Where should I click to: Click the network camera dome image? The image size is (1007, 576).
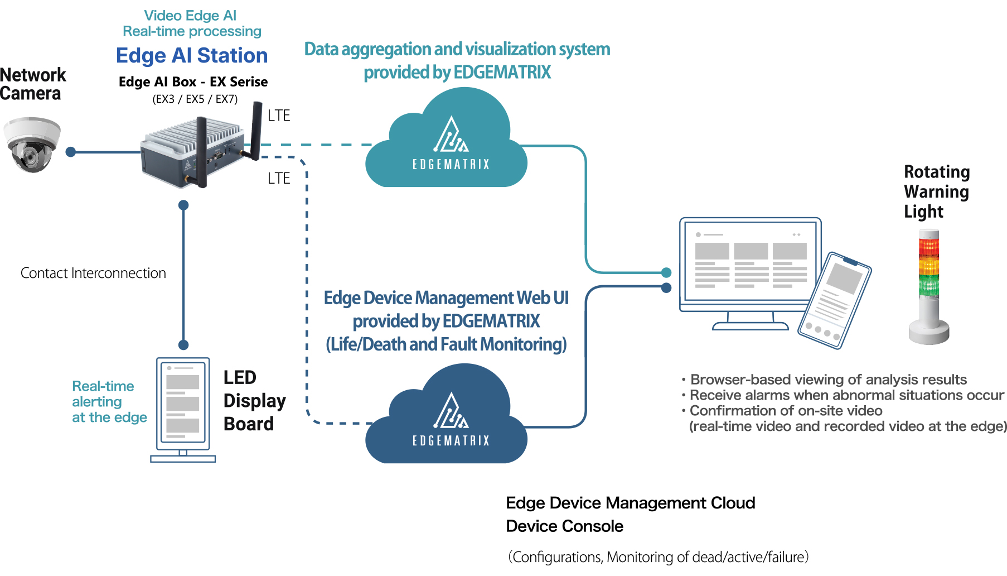click(x=32, y=145)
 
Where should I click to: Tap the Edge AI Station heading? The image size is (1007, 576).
click(x=192, y=56)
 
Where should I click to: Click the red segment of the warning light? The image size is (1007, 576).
click(x=929, y=246)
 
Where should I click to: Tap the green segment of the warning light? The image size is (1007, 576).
click(x=929, y=285)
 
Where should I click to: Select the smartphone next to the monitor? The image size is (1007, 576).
click(x=835, y=300)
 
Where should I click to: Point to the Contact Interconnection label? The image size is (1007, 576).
click(x=93, y=273)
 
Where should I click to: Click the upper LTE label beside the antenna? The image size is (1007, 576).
click(x=279, y=116)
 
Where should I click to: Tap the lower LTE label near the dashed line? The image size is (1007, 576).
click(x=279, y=179)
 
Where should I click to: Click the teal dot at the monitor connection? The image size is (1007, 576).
click(x=666, y=272)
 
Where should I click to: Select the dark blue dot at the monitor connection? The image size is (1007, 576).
click(x=666, y=288)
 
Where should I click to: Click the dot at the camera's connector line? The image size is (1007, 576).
click(x=71, y=152)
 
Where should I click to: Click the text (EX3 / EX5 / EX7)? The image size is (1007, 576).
click(x=195, y=99)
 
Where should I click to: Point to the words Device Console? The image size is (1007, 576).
click(x=564, y=526)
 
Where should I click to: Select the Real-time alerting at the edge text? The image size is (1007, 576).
click(x=109, y=402)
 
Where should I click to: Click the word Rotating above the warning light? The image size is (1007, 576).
click(x=937, y=172)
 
